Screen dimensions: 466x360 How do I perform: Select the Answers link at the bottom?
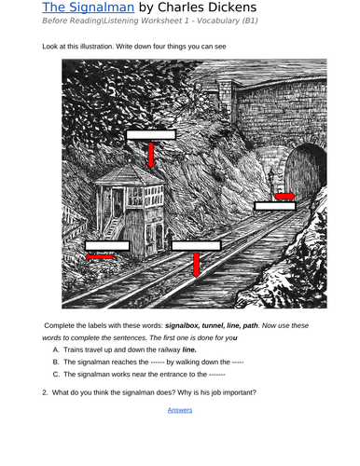pos(180,409)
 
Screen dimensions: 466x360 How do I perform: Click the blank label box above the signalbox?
pos(151,133)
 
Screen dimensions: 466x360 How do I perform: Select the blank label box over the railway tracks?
pos(196,245)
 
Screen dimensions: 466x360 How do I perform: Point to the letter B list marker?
pos(56,360)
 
